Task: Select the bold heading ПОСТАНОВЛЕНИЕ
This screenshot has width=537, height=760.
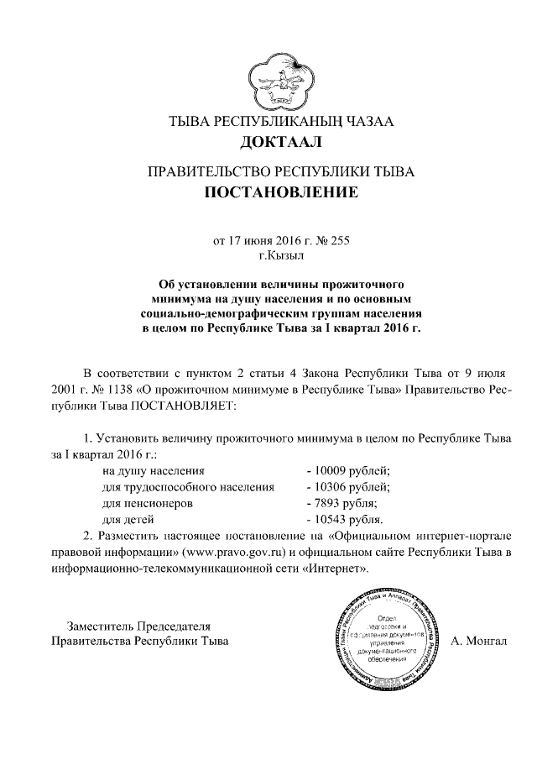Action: pyautogui.click(x=281, y=194)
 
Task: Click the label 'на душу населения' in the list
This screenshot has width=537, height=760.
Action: pyautogui.click(x=153, y=471)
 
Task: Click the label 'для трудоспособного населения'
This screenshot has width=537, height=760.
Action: pyautogui.click(x=188, y=487)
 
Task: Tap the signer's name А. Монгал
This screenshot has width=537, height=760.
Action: pyautogui.click(x=479, y=642)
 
